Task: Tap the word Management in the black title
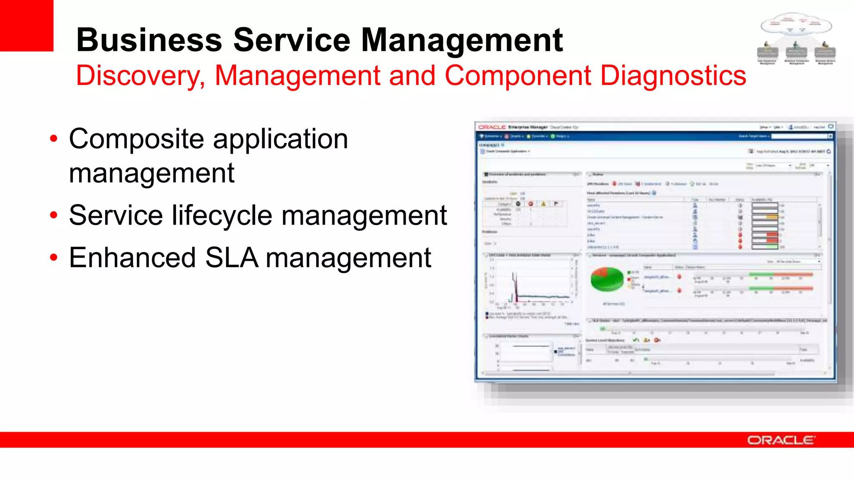coord(462,40)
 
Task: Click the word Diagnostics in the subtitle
coord(673,76)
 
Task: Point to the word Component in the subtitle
coord(517,76)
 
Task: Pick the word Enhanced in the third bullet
coord(132,258)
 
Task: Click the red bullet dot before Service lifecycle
coord(53,215)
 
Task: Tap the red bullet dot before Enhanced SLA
coord(53,258)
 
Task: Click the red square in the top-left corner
coord(26,25)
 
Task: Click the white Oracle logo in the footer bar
coord(781,440)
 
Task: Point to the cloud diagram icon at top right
coord(796,38)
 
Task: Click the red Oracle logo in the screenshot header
coord(492,127)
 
